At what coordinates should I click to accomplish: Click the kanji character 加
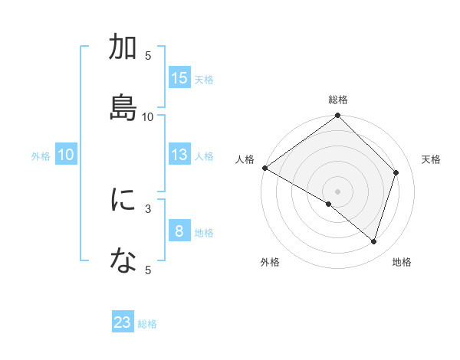tap(123, 47)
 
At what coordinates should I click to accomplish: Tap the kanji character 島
tap(123, 103)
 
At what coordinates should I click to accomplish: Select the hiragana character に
tap(123, 200)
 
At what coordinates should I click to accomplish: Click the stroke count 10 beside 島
tap(148, 116)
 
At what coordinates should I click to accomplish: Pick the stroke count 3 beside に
tap(148, 208)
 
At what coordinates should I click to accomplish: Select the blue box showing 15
tap(179, 78)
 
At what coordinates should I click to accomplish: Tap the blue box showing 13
tap(179, 155)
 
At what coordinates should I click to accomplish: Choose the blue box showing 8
tap(179, 231)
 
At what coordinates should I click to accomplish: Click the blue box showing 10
tap(66, 155)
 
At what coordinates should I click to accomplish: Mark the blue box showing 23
tap(123, 322)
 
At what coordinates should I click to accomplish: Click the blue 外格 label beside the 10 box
tap(41, 155)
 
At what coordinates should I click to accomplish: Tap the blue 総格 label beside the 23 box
tap(147, 324)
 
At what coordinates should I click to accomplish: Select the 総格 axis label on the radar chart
tap(338, 100)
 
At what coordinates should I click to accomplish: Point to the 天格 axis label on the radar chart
tap(432, 159)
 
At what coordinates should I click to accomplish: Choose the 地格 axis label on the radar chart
tap(402, 262)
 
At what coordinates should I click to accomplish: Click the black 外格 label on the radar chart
tap(270, 262)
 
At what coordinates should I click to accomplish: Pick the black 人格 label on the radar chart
tap(245, 159)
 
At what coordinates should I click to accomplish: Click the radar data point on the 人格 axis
tap(264, 168)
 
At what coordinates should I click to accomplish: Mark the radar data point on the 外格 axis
tap(329, 204)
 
